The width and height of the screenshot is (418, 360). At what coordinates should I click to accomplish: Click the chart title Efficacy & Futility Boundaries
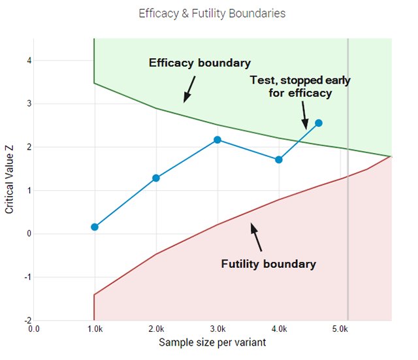coord(212,13)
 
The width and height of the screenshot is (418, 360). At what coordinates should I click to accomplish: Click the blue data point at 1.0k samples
coord(95,227)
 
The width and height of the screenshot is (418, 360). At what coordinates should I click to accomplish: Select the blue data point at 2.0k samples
coord(156,178)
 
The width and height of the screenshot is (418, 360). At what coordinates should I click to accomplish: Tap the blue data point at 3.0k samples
coord(217,140)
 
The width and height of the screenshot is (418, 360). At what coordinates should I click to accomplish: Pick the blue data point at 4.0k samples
coord(279,159)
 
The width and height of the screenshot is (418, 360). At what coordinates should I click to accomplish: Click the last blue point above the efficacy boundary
coord(319,123)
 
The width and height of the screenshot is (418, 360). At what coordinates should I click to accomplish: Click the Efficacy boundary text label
coord(199,63)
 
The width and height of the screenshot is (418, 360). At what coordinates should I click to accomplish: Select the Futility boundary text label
coord(268,264)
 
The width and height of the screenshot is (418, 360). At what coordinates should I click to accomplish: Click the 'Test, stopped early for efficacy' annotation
coord(300,86)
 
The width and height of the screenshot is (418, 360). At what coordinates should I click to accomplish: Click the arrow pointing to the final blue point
coord(304,116)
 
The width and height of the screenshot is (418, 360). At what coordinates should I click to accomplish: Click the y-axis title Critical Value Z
coord(9,180)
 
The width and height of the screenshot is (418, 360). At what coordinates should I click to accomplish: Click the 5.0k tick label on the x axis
coord(340,329)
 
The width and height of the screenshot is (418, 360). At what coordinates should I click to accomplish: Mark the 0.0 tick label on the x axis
coord(33,329)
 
